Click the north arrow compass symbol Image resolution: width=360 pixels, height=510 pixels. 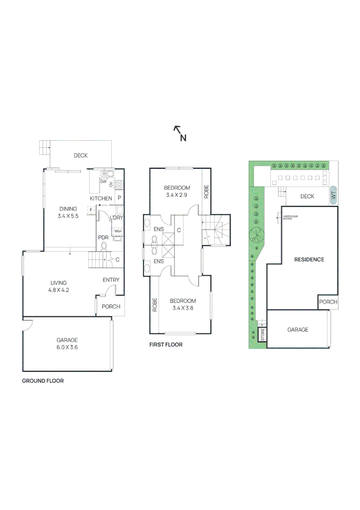click(x=179, y=133)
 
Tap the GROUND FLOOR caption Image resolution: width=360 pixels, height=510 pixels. click(x=43, y=381)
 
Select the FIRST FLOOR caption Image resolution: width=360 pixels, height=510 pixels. click(x=166, y=345)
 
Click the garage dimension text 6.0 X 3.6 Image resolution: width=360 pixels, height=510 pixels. click(x=67, y=347)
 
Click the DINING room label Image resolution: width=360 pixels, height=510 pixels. click(x=68, y=209)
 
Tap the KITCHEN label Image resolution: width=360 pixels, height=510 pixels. click(x=101, y=198)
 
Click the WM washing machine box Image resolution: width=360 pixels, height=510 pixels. click(x=117, y=231)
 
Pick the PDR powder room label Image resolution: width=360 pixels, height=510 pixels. click(x=103, y=238)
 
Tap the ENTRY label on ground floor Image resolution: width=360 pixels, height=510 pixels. click(x=111, y=280)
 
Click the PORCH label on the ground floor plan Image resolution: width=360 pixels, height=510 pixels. click(x=111, y=306)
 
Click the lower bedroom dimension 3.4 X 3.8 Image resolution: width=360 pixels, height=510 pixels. click(x=183, y=308)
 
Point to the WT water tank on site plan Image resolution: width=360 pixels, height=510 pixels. click(x=333, y=195)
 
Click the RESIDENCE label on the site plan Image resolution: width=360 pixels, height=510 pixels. click(x=309, y=259)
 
